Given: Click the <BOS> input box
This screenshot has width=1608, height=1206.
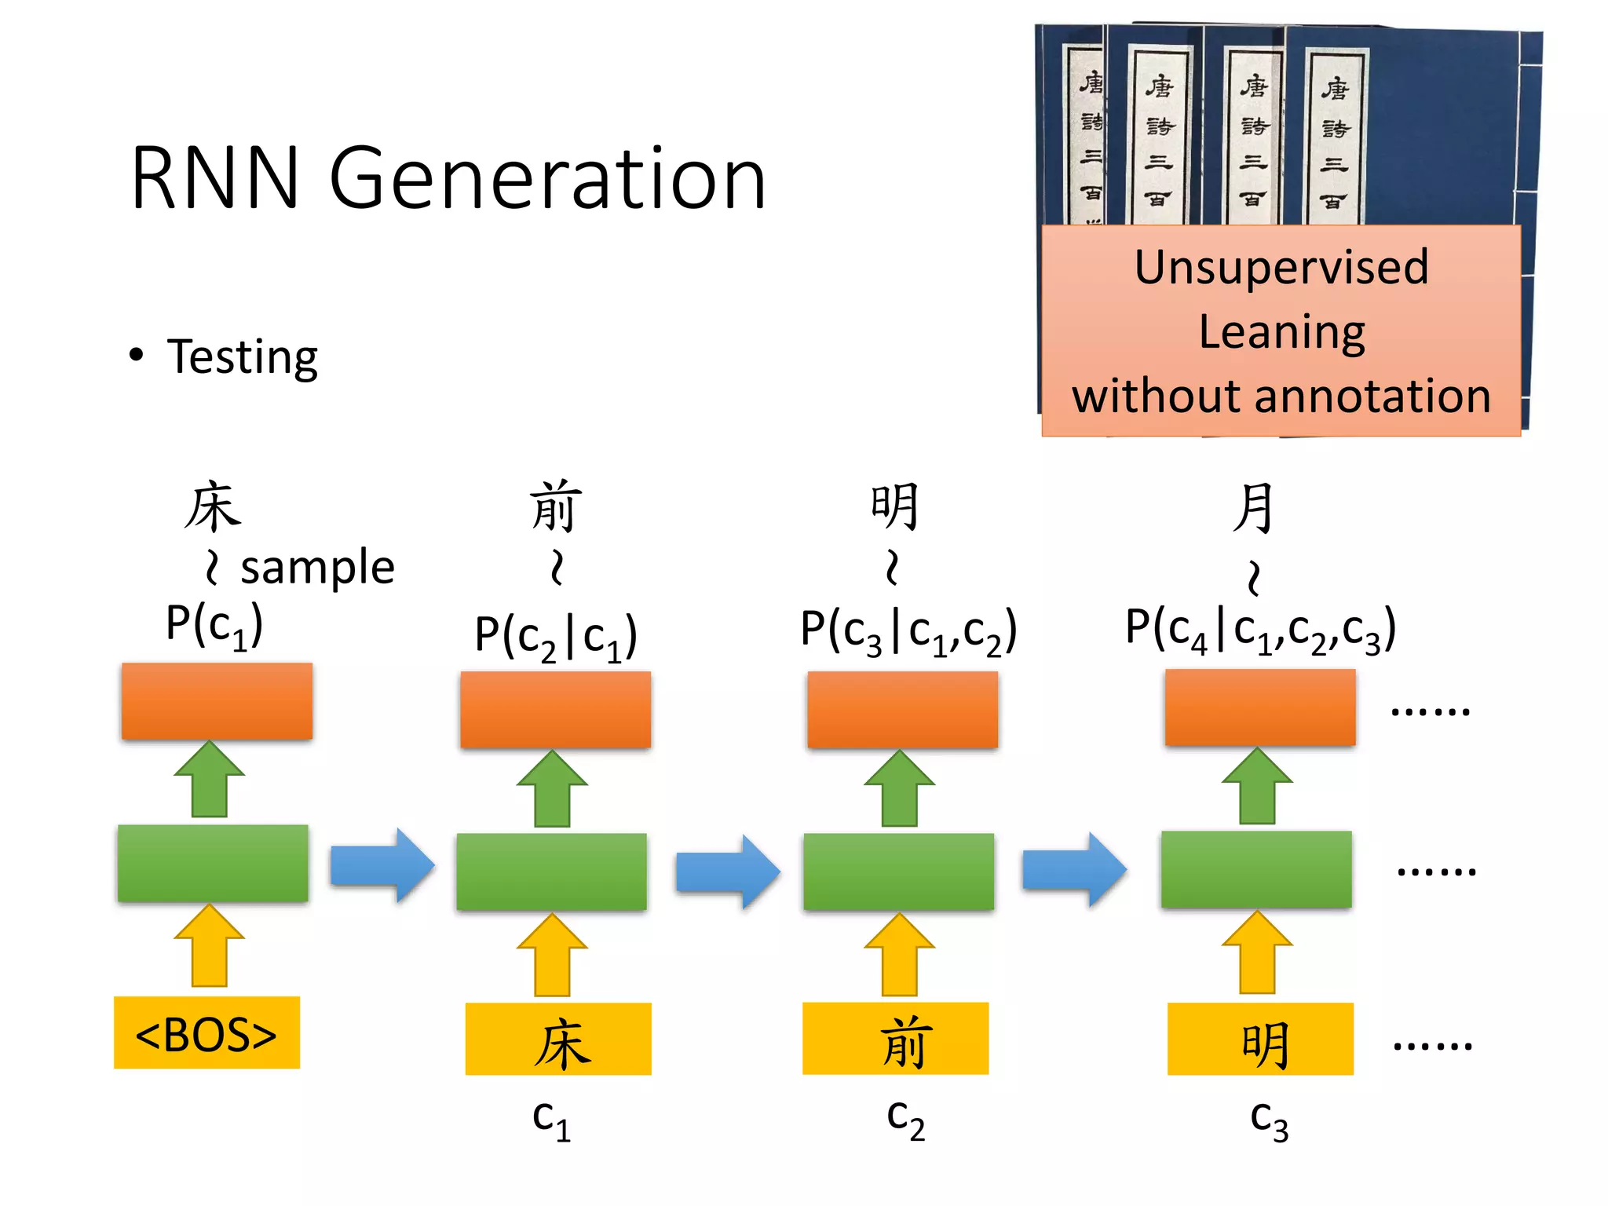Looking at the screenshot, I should click(206, 1032).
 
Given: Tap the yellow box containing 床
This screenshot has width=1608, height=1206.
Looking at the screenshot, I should click(558, 1039).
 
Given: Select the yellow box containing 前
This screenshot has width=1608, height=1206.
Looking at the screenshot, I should click(895, 1038).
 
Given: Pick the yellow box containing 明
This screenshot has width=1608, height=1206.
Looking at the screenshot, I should click(1260, 1039).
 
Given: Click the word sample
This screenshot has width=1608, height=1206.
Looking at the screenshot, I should click(317, 568).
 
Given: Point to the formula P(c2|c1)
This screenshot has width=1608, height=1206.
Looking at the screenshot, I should click(556, 636).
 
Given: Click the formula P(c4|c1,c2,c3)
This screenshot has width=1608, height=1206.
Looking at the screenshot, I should click(1260, 630).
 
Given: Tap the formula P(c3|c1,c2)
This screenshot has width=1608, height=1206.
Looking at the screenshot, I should click(908, 631).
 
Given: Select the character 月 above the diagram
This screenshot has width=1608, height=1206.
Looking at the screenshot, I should click(1253, 508).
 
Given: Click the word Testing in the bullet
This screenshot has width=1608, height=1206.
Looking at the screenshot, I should click(242, 357).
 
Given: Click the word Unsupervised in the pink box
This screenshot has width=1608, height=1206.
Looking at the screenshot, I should click(1281, 267).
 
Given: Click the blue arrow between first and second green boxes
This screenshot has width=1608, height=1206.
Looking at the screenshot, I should click(382, 864).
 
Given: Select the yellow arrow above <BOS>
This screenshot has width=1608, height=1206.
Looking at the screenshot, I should click(210, 946).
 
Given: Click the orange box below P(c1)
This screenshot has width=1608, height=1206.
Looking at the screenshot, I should click(217, 701).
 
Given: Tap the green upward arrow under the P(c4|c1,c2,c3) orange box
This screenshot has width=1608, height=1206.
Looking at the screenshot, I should click(1257, 786).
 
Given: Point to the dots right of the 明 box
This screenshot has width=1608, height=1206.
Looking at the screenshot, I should click(1432, 1045).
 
